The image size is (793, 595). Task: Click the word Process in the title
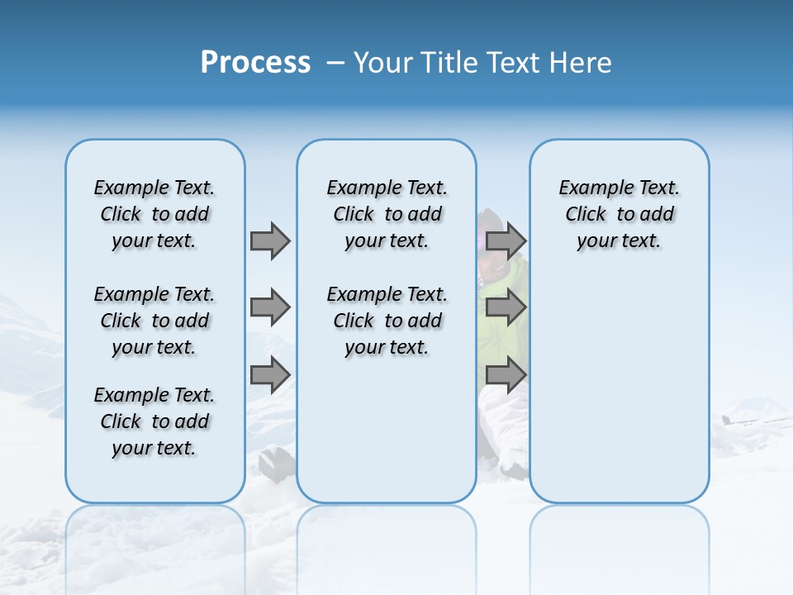[255, 62]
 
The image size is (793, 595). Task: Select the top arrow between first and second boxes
[270, 240]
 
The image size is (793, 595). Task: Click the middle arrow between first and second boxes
[270, 307]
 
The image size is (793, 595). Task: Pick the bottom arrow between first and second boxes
[270, 375]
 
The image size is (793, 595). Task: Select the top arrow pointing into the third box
[506, 240]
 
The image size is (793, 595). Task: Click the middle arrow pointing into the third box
[506, 307]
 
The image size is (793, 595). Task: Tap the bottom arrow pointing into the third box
[506, 375]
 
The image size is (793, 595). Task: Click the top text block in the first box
[154, 214]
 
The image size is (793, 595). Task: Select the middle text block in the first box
[154, 321]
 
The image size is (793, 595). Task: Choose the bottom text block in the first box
[154, 421]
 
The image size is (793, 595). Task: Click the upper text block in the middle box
[387, 214]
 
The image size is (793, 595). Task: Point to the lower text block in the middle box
[387, 321]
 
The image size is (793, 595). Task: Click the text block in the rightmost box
[620, 214]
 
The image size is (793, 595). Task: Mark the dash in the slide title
[336, 63]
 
